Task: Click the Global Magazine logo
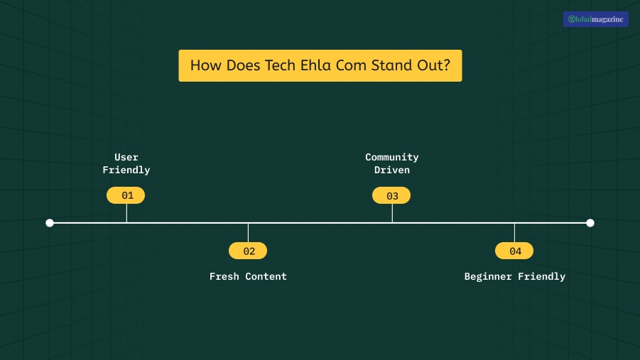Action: pyautogui.click(x=595, y=19)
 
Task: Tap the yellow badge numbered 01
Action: pyautogui.click(x=126, y=195)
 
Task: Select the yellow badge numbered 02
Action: pyautogui.click(x=248, y=251)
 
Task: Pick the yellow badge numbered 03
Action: pyautogui.click(x=391, y=195)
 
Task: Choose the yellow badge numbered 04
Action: pyautogui.click(x=514, y=251)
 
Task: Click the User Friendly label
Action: pyautogui.click(x=126, y=163)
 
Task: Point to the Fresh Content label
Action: pyautogui.click(x=248, y=276)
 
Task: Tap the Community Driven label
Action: pyautogui.click(x=392, y=163)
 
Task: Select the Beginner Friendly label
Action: pyautogui.click(x=514, y=276)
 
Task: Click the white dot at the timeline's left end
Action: pyautogui.click(x=50, y=223)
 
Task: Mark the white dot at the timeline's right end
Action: pyautogui.click(x=590, y=223)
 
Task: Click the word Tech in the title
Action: pyautogui.click(x=281, y=66)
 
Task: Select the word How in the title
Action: pyautogui.click(x=205, y=66)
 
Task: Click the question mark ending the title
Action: pyautogui.click(x=446, y=66)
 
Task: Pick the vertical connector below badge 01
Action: pyautogui.click(x=126, y=213)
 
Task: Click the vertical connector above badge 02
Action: pyautogui.click(x=248, y=233)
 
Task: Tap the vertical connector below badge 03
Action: pyautogui.click(x=392, y=213)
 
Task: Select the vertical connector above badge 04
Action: pyautogui.click(x=514, y=233)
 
